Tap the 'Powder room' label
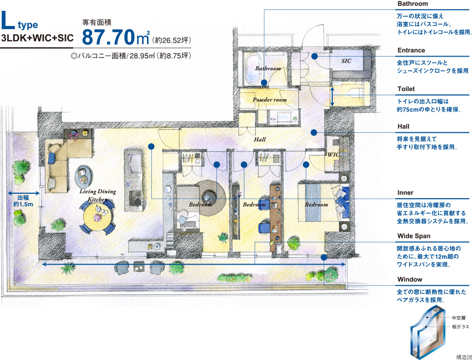(269, 100)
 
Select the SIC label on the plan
(346, 61)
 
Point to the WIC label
(333, 155)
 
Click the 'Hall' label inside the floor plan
(260, 139)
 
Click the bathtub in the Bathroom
(253, 70)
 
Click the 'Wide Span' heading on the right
(413, 236)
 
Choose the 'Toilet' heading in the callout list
(406, 89)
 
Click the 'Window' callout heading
(410, 279)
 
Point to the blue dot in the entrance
(314, 56)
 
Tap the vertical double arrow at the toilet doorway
(332, 96)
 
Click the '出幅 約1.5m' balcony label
(23, 201)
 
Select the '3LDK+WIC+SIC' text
(37, 38)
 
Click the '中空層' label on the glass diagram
(458, 318)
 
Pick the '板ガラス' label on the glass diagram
(460, 327)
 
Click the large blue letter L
(8, 21)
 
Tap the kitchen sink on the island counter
(134, 163)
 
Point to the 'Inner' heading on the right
(405, 193)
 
